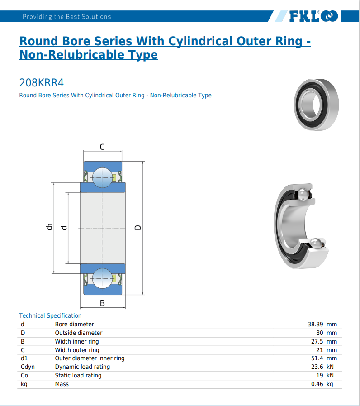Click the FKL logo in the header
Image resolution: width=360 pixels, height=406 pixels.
point(313,16)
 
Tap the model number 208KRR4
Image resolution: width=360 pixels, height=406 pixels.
point(42,82)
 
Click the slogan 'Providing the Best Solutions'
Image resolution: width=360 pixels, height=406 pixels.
point(67,17)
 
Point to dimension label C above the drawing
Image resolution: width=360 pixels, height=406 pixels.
point(102,147)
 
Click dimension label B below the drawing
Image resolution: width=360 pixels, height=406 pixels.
point(102,303)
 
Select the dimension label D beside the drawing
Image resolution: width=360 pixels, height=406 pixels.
point(138,228)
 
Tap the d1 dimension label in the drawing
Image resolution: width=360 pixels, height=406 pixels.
point(49,227)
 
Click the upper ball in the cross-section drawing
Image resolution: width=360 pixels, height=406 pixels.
point(102,177)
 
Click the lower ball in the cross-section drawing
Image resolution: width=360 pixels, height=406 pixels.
point(102,278)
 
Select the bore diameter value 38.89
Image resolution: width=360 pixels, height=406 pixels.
point(315,324)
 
